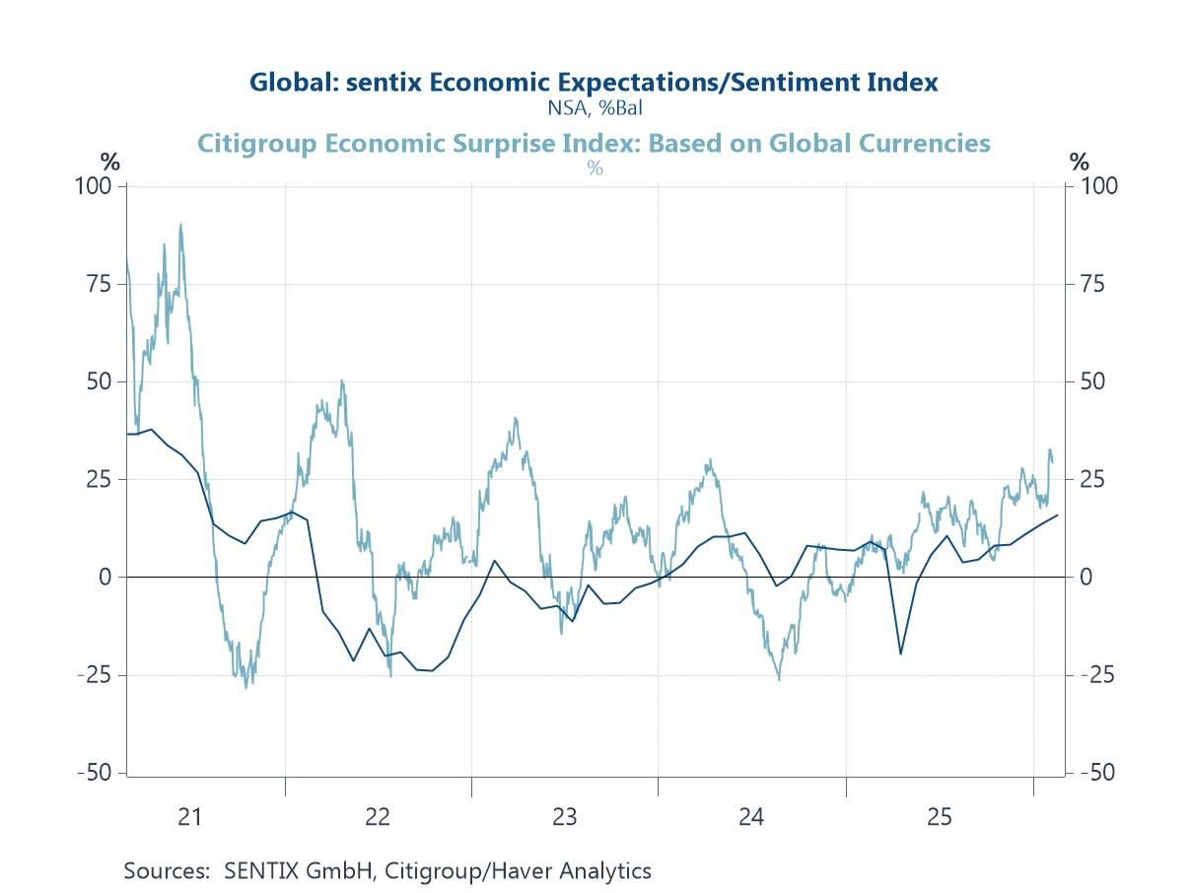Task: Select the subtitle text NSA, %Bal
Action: pos(594,106)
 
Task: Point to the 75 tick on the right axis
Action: pos(1091,284)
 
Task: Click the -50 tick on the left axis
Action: pos(95,773)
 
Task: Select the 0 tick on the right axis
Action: pos(1086,578)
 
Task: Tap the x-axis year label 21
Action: pos(189,817)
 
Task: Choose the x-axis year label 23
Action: pos(564,817)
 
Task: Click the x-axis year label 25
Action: pos(939,817)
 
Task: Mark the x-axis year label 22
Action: pos(377,817)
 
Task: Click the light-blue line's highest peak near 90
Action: pos(180,225)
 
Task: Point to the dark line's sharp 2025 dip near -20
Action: pos(900,653)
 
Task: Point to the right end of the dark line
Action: pos(1057,515)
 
